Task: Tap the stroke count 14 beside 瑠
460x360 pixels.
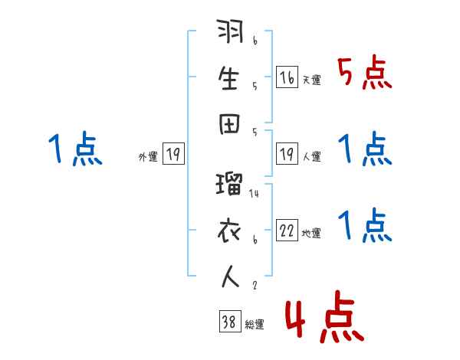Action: point(255,195)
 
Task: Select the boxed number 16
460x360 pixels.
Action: point(287,77)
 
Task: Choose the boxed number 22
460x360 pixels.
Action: point(287,231)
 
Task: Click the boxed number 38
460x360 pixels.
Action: point(228,322)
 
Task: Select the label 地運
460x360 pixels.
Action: point(311,234)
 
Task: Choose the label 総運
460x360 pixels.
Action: point(254,325)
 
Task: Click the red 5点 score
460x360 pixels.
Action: point(365,74)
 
